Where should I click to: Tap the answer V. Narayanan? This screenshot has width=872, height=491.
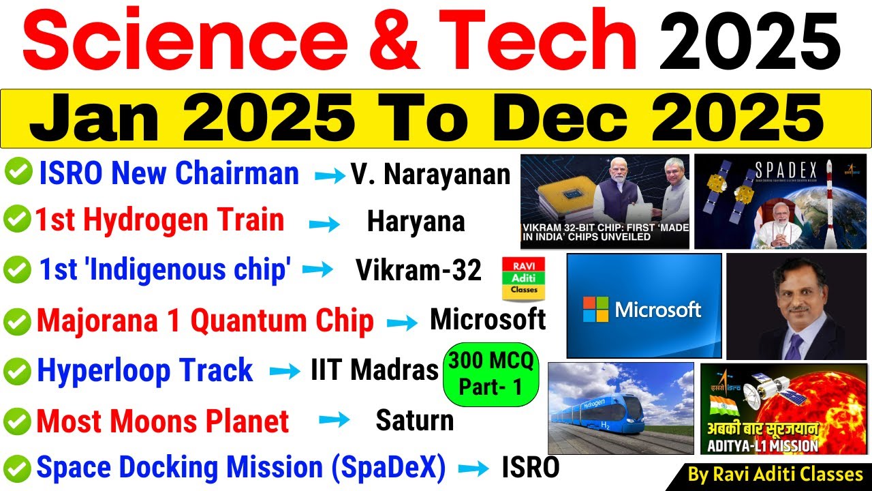pos(431,175)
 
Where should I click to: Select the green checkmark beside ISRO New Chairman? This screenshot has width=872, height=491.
pos(18,173)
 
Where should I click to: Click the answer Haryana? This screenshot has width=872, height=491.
pos(416,222)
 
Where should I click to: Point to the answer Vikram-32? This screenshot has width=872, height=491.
pos(418,271)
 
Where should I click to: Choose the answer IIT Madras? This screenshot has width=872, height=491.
pos(375,370)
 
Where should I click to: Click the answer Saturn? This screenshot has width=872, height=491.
pos(414,421)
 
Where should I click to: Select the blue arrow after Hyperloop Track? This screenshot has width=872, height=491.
pos(285,372)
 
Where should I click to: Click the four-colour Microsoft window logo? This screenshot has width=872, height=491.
pos(595,310)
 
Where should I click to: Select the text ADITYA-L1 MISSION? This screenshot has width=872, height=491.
pos(759,447)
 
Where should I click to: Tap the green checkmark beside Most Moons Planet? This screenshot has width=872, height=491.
pos(17,421)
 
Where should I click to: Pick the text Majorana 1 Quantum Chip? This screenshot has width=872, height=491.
pos(205,321)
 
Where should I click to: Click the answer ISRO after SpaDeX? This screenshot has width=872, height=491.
pos(531,468)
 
